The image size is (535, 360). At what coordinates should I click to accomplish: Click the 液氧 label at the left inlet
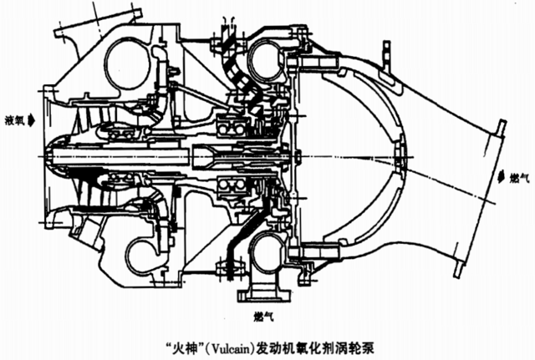point(14,120)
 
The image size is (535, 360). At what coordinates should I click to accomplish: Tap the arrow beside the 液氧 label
point(31,120)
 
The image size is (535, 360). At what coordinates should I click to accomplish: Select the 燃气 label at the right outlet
point(519,178)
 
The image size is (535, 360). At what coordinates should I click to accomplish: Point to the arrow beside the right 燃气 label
point(501,178)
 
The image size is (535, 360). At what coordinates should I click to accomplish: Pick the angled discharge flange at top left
point(98,20)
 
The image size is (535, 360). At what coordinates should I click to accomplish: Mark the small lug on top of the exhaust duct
point(386,56)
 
